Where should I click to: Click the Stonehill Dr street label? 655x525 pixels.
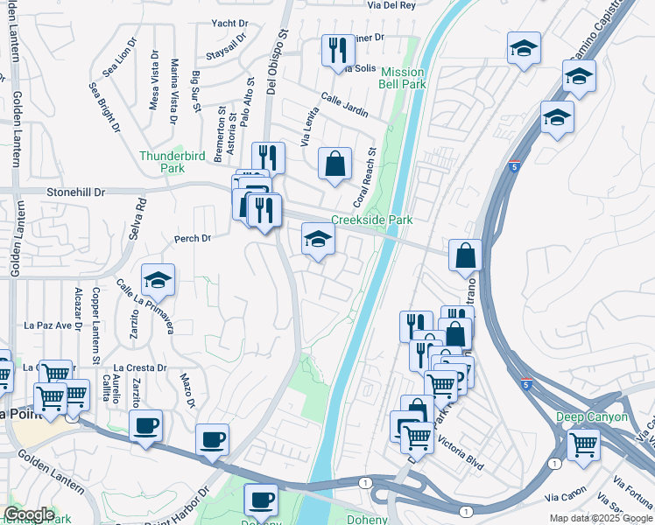(x=75, y=191)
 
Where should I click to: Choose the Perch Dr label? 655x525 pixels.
(x=194, y=238)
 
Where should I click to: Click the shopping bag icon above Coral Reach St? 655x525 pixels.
(x=335, y=163)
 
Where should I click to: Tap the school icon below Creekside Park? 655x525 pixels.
(x=318, y=239)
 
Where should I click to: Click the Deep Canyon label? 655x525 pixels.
(x=592, y=416)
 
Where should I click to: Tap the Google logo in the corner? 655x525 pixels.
(x=29, y=514)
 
